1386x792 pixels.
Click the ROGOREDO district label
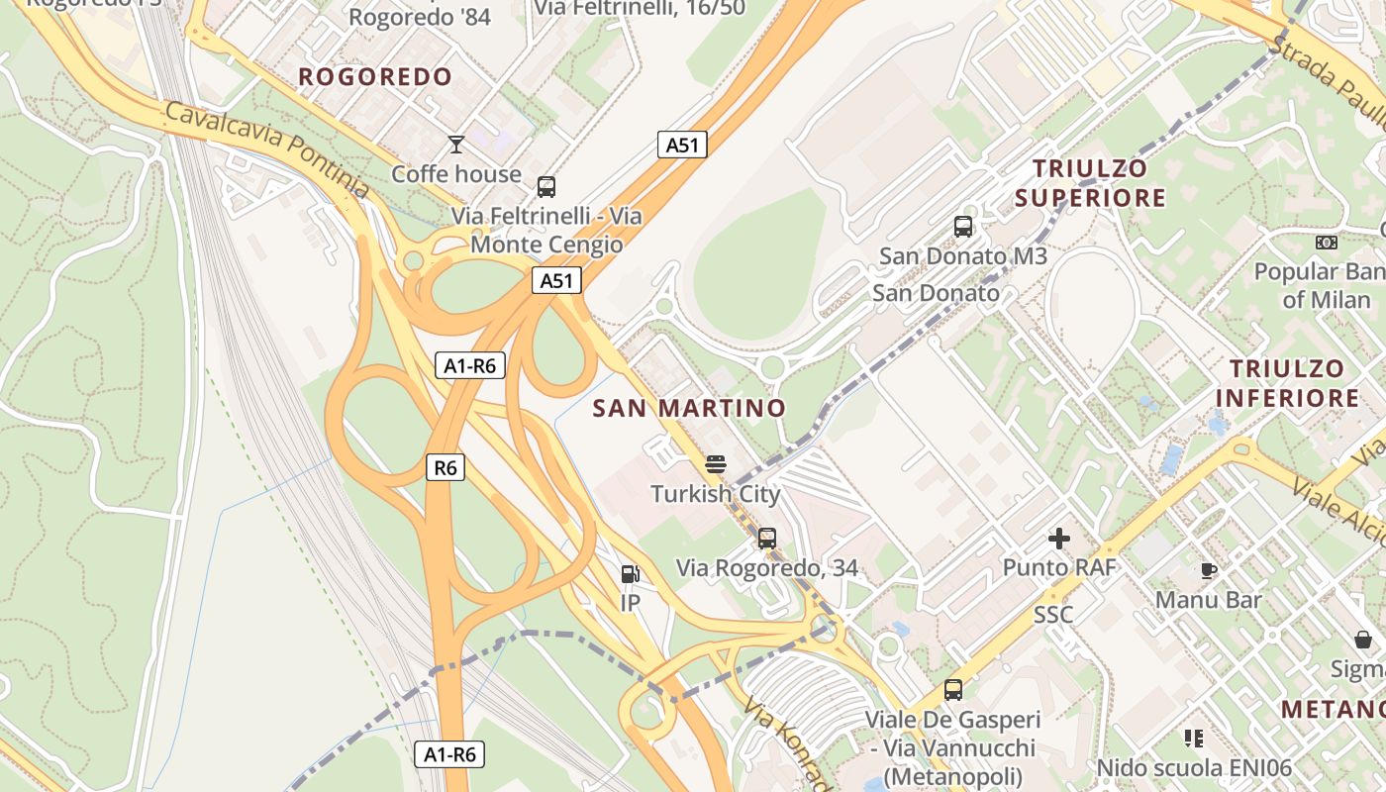(x=375, y=77)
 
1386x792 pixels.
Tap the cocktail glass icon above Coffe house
(x=456, y=145)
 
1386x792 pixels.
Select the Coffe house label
(x=456, y=174)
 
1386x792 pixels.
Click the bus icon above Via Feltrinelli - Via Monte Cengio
(x=545, y=186)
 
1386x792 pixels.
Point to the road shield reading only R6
(x=445, y=467)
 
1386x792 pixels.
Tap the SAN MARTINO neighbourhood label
(x=689, y=408)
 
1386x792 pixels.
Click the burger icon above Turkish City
(x=716, y=463)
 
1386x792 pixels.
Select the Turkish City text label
(x=716, y=493)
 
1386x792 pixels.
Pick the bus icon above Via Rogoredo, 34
(x=766, y=539)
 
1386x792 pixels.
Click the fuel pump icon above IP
(x=630, y=574)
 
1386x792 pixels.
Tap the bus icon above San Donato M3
(x=963, y=227)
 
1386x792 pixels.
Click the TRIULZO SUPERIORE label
(x=1090, y=183)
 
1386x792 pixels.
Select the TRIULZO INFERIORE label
(x=1287, y=383)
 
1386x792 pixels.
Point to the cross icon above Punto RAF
(x=1059, y=539)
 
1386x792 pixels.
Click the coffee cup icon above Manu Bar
(x=1209, y=570)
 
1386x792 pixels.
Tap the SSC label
(x=1053, y=615)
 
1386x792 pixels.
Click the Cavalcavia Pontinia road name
(x=266, y=148)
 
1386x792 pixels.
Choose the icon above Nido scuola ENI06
(x=1193, y=739)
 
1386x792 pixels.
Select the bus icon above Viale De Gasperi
(x=953, y=690)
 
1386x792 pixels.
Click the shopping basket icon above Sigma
(x=1363, y=640)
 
